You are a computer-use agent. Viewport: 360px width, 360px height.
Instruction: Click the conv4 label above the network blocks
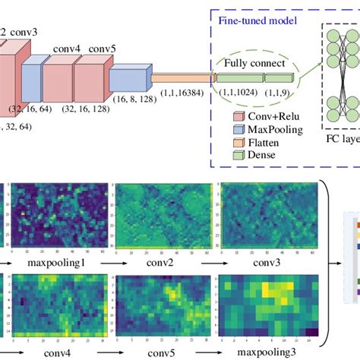[x=66, y=50]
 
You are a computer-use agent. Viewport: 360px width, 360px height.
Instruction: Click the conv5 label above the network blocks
[x=103, y=50]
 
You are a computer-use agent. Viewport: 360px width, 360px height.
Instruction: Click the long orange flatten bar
[x=182, y=77]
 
